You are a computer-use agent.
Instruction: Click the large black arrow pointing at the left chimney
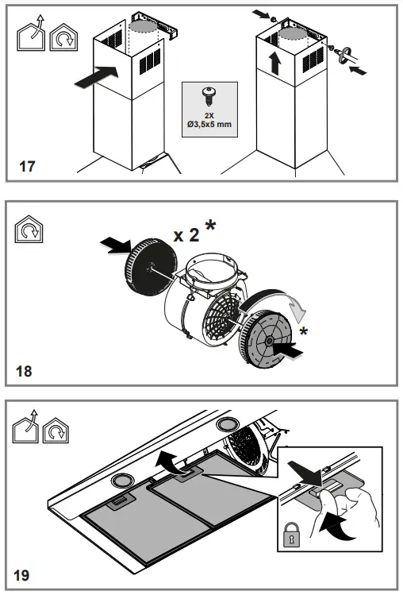coord(100,78)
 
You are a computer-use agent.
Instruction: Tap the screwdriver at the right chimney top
coord(345,57)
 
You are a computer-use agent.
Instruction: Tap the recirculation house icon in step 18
coord(27,232)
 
